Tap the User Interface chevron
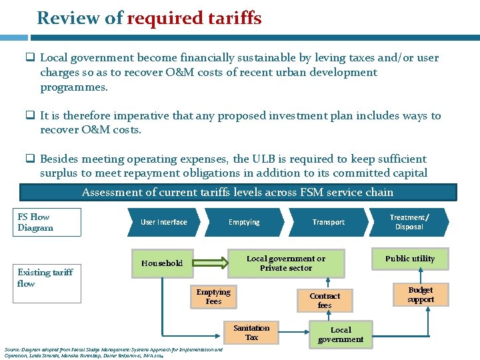pos(163,222)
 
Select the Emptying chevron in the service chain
pos(244,222)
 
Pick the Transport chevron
pos(328,222)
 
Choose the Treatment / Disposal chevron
pos(409,222)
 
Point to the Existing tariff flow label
pos(45,277)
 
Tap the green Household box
pos(162,263)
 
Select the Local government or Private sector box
pos(286,263)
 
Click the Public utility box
pos(409,259)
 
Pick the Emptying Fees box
pos(213,297)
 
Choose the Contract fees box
pos(325,301)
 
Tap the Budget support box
pos(421,295)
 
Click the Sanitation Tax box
pos(251,333)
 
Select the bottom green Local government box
pos(341,335)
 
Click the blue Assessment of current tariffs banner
pos(238,192)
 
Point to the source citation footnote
pos(113,352)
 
